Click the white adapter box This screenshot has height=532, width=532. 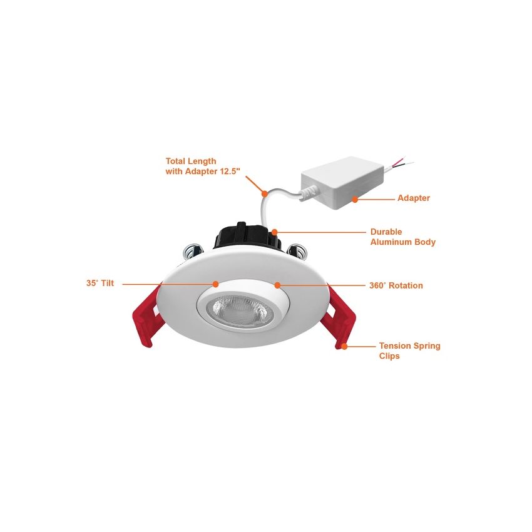click(x=343, y=183)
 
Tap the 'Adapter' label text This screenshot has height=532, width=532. click(x=413, y=198)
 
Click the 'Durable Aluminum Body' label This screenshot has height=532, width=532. click(x=402, y=237)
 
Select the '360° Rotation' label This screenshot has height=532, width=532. click(x=396, y=285)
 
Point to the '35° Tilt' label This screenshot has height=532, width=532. click(x=100, y=283)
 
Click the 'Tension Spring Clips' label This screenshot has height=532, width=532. click(x=409, y=351)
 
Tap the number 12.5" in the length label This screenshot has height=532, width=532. click(x=230, y=171)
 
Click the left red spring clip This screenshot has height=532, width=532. click(x=146, y=315)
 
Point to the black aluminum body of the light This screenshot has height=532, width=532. click(x=247, y=236)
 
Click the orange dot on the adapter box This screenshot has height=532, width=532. click(x=355, y=200)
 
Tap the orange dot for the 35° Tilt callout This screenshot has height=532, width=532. click(x=215, y=284)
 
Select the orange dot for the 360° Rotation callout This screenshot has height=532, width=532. click(x=277, y=285)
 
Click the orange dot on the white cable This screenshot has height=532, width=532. click(x=265, y=194)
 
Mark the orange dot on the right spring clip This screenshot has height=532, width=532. click(x=344, y=346)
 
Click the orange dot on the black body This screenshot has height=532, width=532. click(x=274, y=232)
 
